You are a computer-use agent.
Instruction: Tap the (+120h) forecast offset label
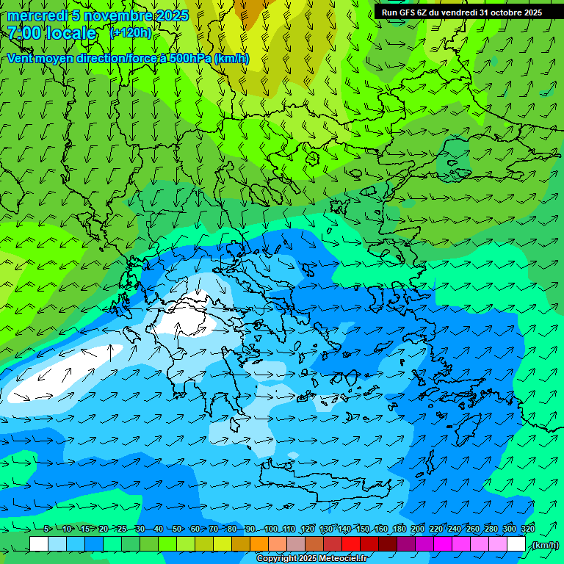pos(131,32)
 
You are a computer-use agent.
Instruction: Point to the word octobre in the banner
pos(501,12)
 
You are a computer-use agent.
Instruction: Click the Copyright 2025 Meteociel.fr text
pos(311,558)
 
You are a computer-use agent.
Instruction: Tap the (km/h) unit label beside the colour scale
pos(545,545)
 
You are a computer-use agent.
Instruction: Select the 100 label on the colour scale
pos(271,529)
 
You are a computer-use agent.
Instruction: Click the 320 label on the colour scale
pos(527,529)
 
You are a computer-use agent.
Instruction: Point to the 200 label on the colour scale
pos(418,529)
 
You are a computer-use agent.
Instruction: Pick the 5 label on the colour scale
pos(47,529)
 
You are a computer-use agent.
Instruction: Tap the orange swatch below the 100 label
pos(259,544)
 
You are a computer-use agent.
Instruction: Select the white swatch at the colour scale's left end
pos(39,544)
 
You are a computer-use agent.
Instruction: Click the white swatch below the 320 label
pos(516,544)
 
